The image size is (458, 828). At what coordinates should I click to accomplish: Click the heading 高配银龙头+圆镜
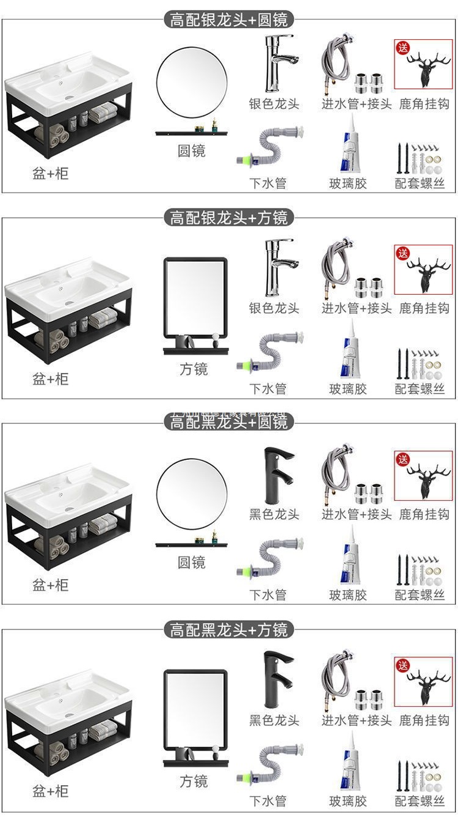click(229, 20)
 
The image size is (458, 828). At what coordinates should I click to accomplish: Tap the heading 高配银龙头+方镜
click(229, 217)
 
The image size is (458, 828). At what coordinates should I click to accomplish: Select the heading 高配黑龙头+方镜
click(229, 629)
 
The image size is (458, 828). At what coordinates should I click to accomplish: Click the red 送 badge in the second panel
click(403, 253)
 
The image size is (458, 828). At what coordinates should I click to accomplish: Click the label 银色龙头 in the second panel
click(274, 308)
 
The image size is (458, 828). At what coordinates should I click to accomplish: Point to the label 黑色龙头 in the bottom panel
click(274, 720)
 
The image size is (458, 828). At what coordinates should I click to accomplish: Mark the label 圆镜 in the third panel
click(191, 562)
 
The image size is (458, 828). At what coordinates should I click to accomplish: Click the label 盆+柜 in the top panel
click(51, 173)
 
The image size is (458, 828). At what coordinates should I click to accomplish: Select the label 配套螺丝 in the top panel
click(420, 183)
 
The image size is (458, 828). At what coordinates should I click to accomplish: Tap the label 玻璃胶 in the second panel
click(348, 388)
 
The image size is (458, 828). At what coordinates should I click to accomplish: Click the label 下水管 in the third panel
click(267, 594)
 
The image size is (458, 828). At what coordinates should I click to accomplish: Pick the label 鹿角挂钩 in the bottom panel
click(424, 720)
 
